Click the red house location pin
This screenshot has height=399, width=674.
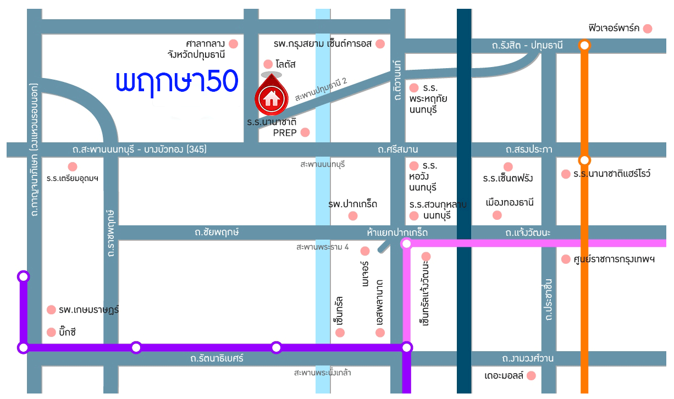(x=270, y=96)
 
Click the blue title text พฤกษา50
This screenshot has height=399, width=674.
(x=176, y=81)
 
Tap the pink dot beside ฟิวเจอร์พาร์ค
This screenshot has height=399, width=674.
(x=648, y=29)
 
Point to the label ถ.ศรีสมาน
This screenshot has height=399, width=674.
(x=398, y=149)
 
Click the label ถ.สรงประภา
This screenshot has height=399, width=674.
(x=529, y=149)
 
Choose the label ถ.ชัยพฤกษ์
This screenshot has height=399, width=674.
(x=217, y=232)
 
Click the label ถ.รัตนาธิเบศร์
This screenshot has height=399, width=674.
(x=217, y=359)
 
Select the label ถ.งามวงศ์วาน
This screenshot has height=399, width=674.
(x=527, y=359)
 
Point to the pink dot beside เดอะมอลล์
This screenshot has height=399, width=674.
(x=531, y=376)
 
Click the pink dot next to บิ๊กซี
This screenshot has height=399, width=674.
(x=52, y=332)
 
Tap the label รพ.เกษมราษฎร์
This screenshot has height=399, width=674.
(x=89, y=310)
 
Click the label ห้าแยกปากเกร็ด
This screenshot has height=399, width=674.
(x=397, y=233)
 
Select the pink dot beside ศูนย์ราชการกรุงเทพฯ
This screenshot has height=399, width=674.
(x=566, y=259)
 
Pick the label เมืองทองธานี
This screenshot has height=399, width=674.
(x=510, y=202)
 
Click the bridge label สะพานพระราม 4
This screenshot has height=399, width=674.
(x=322, y=247)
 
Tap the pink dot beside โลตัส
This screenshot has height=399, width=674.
(x=268, y=64)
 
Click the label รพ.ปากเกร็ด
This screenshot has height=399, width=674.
(x=352, y=204)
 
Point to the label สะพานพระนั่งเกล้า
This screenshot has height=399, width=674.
(x=322, y=373)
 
